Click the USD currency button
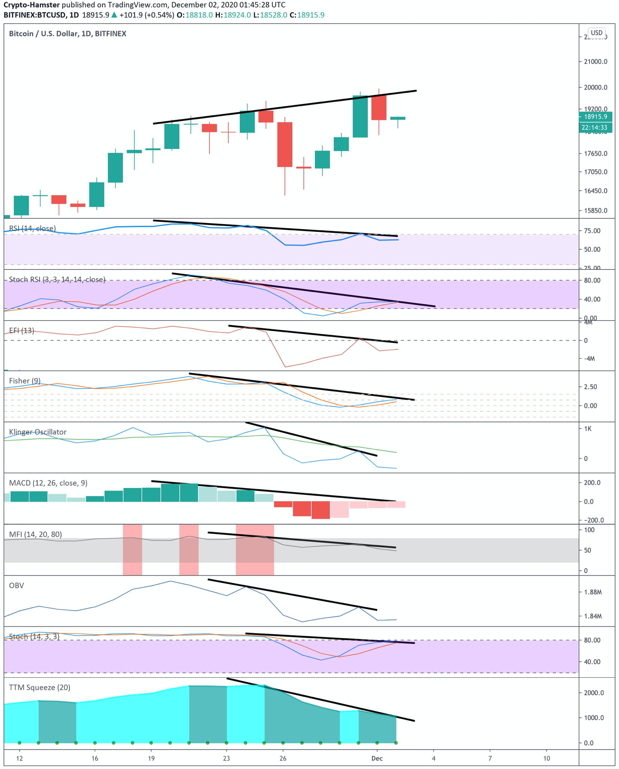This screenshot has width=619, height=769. point(596,33)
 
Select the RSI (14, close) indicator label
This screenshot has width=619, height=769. point(32,228)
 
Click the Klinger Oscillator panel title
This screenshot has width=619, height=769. point(37,432)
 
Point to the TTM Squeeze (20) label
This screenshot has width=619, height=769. point(40,687)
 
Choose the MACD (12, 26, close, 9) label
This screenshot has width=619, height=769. point(48,483)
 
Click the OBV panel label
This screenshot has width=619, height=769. point(16,585)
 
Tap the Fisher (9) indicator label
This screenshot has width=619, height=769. point(25,380)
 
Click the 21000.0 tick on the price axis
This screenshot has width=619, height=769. point(595,62)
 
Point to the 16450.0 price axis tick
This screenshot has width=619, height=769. point(595,191)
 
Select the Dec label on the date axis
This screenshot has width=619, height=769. point(377,758)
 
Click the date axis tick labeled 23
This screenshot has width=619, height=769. point(226,758)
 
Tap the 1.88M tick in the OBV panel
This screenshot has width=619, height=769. point(593,592)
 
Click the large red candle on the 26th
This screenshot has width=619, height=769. point(285,144)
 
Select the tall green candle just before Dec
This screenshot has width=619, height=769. point(360,117)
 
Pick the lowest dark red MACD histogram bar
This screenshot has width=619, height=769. point(320,510)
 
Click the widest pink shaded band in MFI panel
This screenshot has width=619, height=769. point(255,550)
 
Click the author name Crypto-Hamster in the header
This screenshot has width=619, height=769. point(31,5)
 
